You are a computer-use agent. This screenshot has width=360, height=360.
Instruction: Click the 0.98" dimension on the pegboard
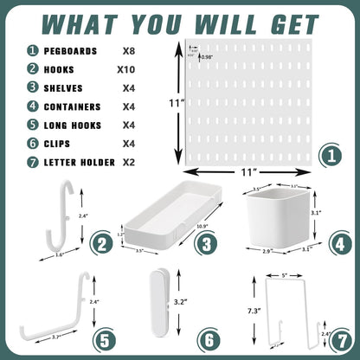point(208,57)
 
